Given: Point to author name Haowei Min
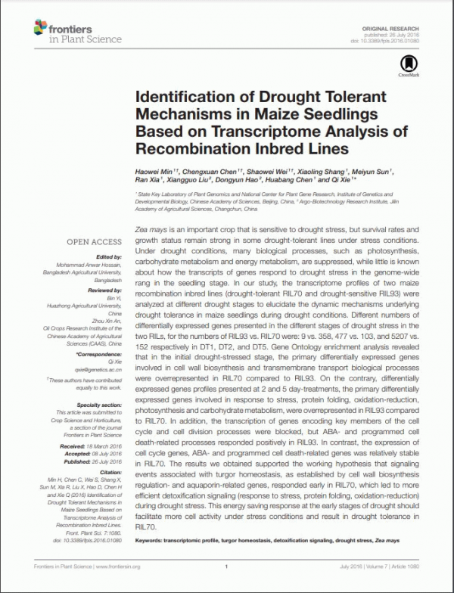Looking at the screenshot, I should [153, 172].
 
